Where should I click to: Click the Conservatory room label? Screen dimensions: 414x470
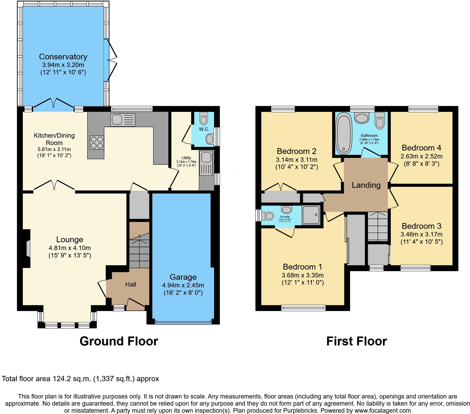point(63,56)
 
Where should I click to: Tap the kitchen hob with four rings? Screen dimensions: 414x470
point(97,142)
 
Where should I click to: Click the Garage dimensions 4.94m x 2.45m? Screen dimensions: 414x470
point(183,285)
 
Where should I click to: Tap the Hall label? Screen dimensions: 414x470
point(131,284)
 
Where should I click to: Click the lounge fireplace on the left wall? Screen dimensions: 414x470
point(28,249)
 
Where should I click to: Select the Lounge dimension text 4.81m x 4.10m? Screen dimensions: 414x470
point(70,248)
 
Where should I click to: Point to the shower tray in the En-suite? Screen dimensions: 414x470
point(311,215)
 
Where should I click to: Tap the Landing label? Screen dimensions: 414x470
point(366,185)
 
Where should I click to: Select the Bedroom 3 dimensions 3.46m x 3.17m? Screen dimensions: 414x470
point(421,234)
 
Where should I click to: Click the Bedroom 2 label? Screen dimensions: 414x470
point(296,151)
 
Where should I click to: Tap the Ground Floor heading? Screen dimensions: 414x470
point(119,341)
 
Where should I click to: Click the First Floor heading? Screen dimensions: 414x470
point(356,341)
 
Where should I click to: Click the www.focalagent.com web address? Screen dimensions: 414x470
point(383,411)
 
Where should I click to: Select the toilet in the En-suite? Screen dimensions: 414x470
point(269,216)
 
